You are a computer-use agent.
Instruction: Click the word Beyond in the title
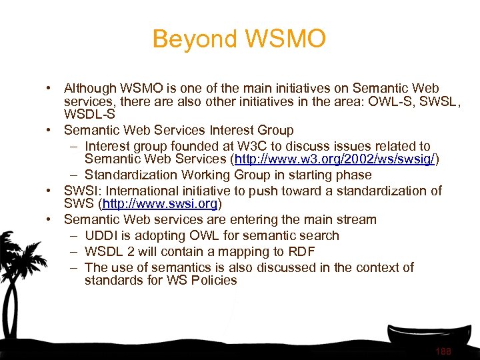(x=191, y=39)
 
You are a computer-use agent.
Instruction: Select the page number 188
(x=443, y=351)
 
